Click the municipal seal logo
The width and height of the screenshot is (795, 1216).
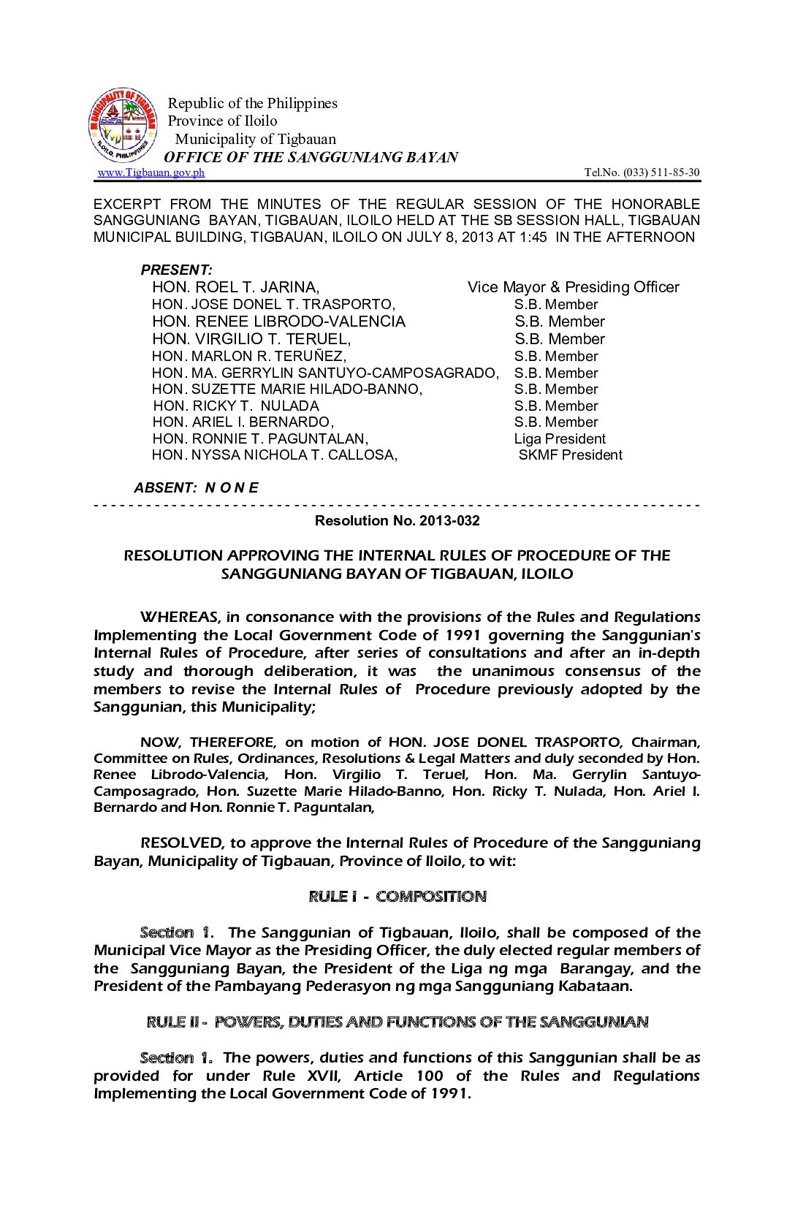122,126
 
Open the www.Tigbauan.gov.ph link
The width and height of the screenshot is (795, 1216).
151,173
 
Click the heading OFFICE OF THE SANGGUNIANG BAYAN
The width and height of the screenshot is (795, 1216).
311,157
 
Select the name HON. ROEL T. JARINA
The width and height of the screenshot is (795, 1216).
235,287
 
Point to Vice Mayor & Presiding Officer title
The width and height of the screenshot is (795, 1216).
573,287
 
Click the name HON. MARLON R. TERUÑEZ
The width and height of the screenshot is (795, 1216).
248,357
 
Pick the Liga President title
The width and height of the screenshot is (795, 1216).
559,439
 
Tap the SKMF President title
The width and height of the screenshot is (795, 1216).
570,455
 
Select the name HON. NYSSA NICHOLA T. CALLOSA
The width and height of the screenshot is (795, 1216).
275,455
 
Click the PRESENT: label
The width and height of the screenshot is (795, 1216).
176,270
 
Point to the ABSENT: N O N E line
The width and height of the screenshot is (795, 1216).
196,488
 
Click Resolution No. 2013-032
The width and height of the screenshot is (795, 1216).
397,521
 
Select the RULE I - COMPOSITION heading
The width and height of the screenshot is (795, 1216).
397,897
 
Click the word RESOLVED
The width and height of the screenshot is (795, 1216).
181,843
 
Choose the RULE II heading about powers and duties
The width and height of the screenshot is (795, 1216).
397,1022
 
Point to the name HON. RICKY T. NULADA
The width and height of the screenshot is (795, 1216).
236,406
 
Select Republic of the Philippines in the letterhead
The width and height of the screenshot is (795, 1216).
253,103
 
